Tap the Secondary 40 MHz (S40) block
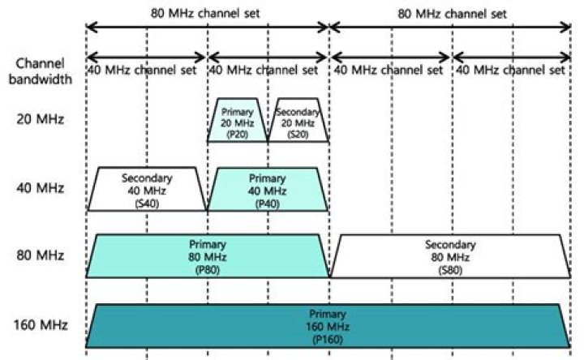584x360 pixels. pos(147,189)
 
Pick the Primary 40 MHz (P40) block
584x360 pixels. pos(268,189)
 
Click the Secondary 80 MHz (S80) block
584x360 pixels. pos(450,255)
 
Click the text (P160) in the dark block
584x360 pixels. pos(328,336)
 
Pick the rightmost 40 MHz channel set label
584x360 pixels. pos(510,71)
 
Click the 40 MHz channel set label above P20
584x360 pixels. pos(268,71)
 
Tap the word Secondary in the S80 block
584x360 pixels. pos(450,244)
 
